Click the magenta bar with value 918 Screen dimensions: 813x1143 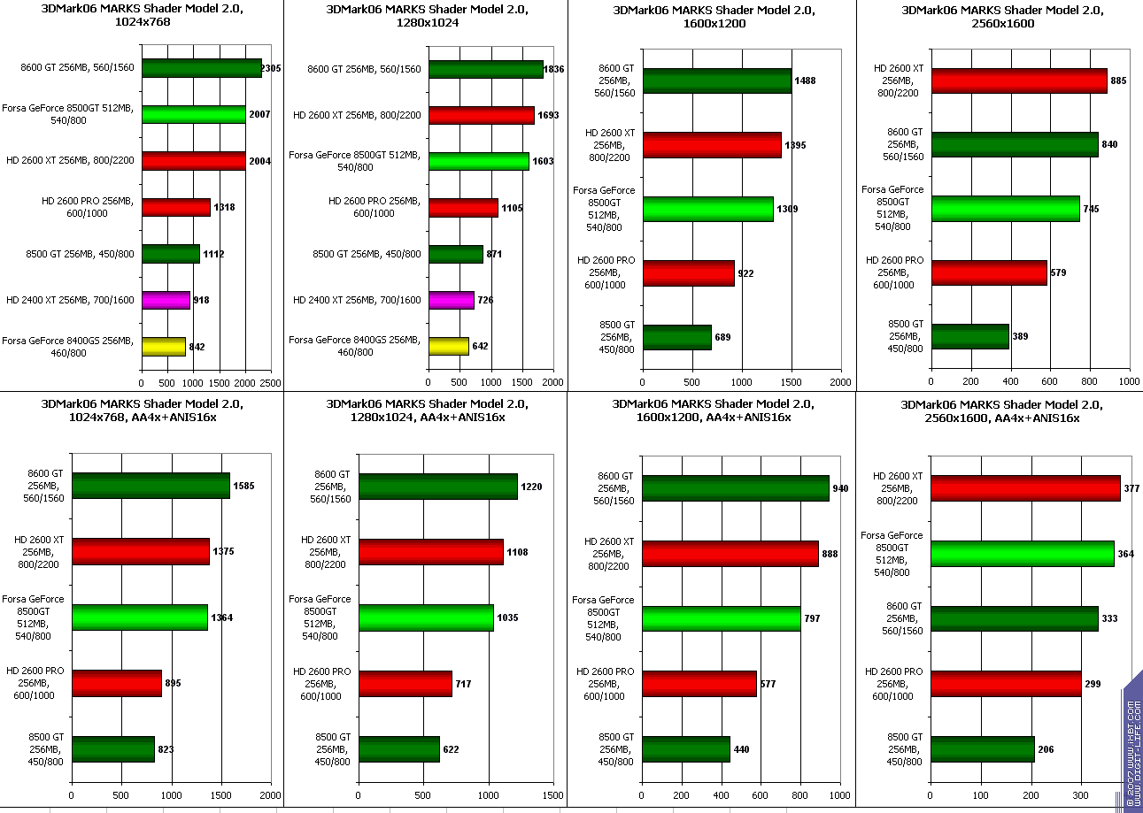[166, 300]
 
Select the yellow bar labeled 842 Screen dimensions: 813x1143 [163, 346]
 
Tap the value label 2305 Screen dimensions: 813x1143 [271, 68]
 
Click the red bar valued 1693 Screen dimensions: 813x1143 [481, 115]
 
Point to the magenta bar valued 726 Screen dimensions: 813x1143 [451, 300]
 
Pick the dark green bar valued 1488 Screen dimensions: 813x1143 [716, 81]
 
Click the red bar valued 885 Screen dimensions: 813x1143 [1018, 81]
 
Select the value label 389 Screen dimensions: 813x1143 [1021, 337]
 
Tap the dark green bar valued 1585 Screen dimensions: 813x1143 [151, 486]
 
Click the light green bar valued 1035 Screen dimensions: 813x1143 [425, 617]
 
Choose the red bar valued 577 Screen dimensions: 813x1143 [699, 684]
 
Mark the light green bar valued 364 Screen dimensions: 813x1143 [1022, 554]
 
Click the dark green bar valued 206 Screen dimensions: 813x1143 [982, 749]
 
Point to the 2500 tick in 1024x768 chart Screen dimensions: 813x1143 [271, 383]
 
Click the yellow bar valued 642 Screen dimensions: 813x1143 [448, 346]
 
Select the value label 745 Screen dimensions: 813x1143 [1092, 209]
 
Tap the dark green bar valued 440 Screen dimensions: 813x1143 [685, 749]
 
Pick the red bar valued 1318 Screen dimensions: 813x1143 [175, 207]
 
